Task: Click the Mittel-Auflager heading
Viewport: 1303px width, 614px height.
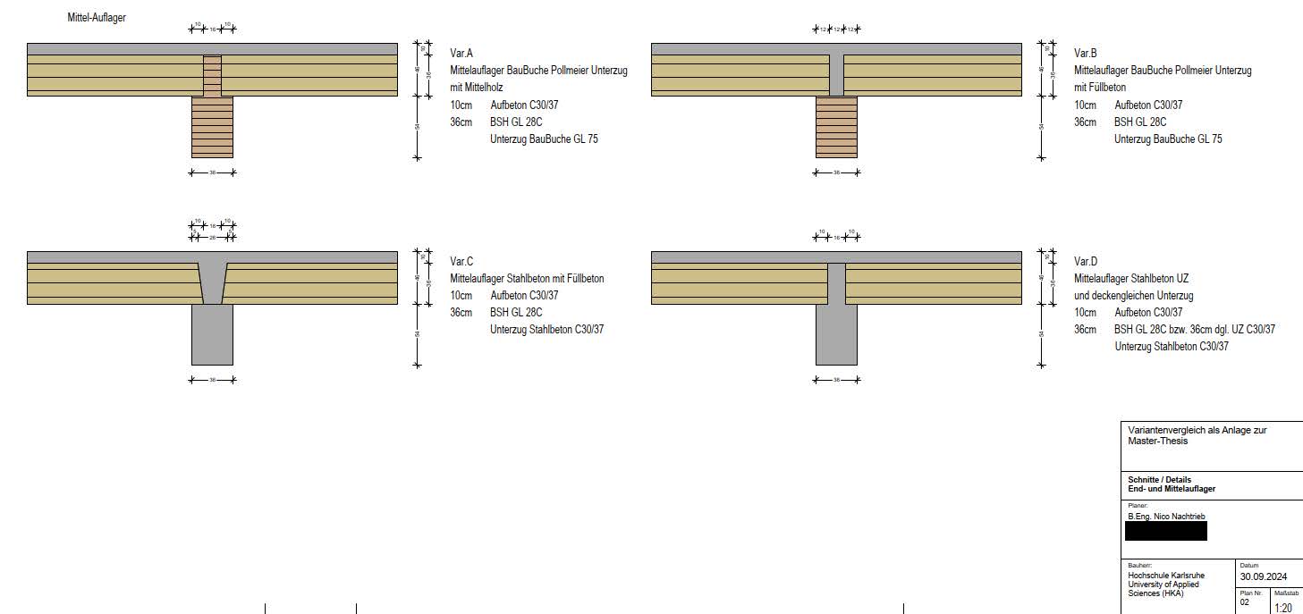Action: pyautogui.click(x=97, y=18)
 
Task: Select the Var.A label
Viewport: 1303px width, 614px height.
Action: pyautogui.click(x=461, y=54)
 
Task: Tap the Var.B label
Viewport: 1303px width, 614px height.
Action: pyautogui.click(x=1085, y=54)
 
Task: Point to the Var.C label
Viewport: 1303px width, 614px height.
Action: pyautogui.click(x=461, y=262)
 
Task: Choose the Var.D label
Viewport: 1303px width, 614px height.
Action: pyautogui.click(x=1085, y=262)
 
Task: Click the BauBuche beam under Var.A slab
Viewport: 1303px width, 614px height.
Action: pyautogui.click(x=212, y=127)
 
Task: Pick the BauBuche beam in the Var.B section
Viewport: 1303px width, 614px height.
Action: pyautogui.click(x=836, y=127)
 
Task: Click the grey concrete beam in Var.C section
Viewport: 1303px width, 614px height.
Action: pyautogui.click(x=212, y=335)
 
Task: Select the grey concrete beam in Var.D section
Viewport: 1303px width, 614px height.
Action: pyautogui.click(x=836, y=335)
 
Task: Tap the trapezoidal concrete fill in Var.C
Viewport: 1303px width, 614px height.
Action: pyautogui.click(x=212, y=282)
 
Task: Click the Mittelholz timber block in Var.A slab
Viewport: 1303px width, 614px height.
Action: pyautogui.click(x=212, y=76)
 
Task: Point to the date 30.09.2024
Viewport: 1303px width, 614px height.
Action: pyautogui.click(x=1265, y=576)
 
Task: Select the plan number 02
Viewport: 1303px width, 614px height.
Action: pyautogui.click(x=1244, y=603)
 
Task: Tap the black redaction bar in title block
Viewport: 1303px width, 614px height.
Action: pyautogui.click(x=1165, y=531)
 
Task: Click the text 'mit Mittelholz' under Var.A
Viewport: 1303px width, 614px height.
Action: pyautogui.click(x=477, y=88)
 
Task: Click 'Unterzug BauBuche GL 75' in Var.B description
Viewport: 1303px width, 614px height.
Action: pyautogui.click(x=1167, y=139)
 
